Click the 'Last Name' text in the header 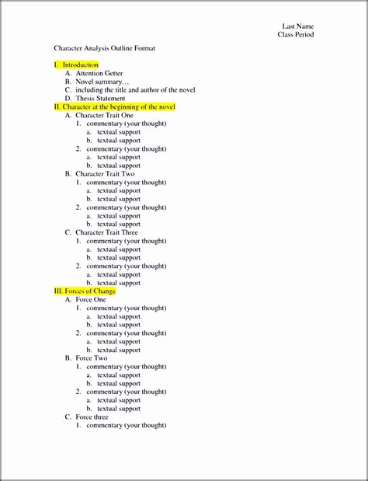tap(297, 26)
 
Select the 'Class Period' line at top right tap(296, 34)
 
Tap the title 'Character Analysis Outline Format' tap(104, 48)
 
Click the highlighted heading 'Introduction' tap(81, 64)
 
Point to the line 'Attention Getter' tap(99, 73)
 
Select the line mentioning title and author tap(135, 90)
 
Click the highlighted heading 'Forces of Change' tap(89, 291)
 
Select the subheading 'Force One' tap(91, 299)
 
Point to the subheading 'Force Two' tap(91, 358)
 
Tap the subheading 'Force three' tap(92, 417)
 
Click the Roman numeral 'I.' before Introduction tap(57, 64)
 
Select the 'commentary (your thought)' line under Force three tap(126, 426)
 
